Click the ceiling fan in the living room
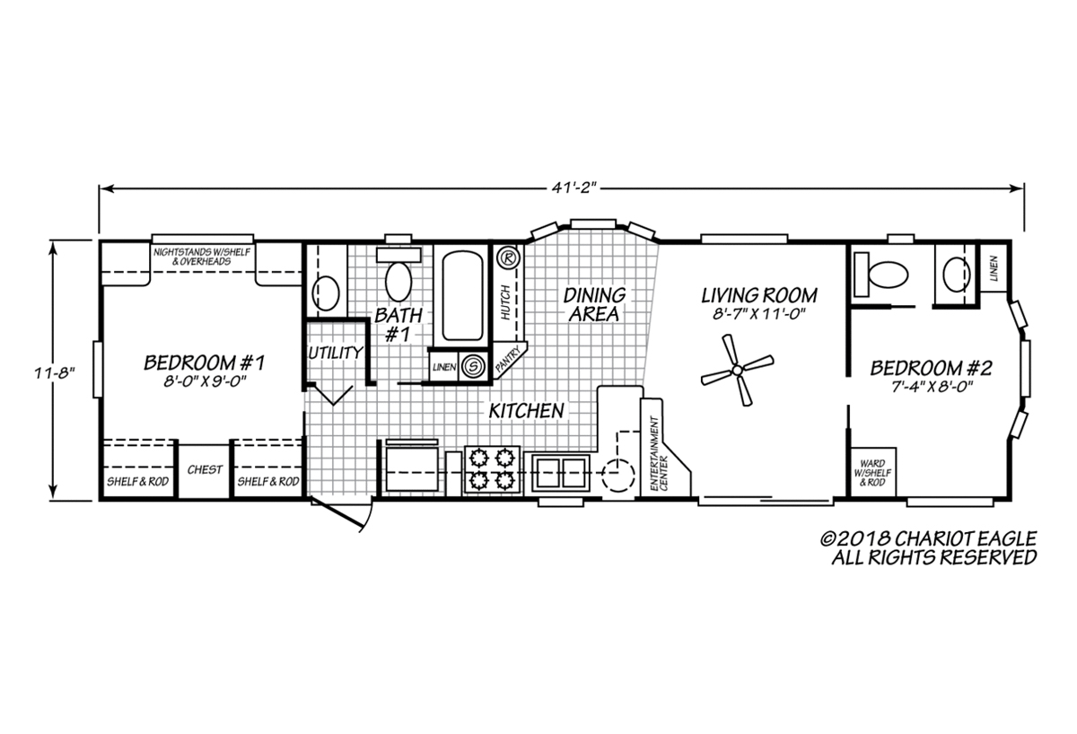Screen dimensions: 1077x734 (x=737, y=370)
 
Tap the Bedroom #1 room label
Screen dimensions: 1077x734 (x=205, y=363)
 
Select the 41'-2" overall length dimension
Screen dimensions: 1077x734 (x=574, y=188)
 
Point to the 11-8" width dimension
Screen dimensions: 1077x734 (x=55, y=372)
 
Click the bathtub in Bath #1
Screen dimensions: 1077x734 (x=462, y=295)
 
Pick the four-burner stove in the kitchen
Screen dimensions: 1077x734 (x=493, y=469)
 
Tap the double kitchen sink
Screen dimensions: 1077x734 (x=561, y=473)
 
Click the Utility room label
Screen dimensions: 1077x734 (x=336, y=353)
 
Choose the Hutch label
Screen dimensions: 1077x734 (x=504, y=302)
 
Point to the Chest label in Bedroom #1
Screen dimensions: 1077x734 (x=205, y=469)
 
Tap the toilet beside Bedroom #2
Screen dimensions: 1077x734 (x=880, y=275)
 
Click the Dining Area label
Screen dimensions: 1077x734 (x=594, y=304)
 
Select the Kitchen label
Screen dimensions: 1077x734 (x=527, y=411)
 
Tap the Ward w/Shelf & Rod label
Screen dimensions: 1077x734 (x=872, y=473)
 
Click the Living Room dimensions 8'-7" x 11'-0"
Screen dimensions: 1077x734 (x=759, y=314)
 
